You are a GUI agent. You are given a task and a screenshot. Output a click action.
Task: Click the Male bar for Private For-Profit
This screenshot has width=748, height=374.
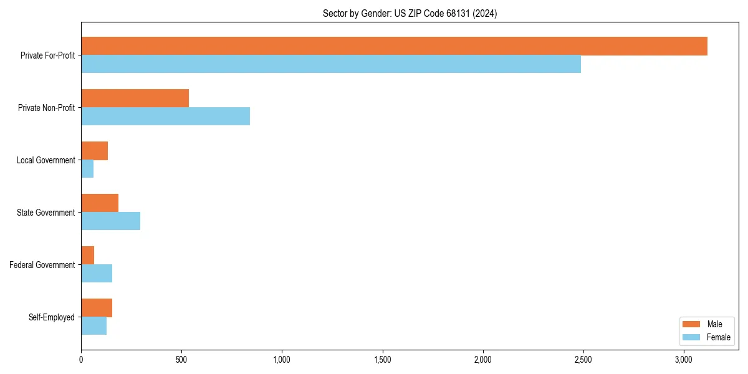click(x=394, y=46)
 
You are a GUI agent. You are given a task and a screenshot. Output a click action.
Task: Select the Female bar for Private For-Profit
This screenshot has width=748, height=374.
click(x=331, y=64)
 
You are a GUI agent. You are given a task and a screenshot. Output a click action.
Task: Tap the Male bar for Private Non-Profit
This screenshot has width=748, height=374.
click(x=135, y=98)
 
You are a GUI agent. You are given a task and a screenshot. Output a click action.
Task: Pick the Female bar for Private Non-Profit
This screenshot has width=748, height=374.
click(x=165, y=117)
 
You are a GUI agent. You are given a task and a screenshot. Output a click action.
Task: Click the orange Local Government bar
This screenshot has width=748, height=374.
click(x=94, y=151)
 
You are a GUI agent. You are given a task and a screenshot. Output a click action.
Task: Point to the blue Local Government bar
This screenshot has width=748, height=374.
click(x=87, y=169)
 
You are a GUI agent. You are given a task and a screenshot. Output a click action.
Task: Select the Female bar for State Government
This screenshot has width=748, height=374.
click(x=110, y=221)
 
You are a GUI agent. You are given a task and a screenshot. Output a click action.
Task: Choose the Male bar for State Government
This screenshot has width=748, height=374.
click(x=100, y=203)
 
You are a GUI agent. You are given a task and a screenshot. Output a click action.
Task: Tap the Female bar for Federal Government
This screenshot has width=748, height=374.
click(x=97, y=274)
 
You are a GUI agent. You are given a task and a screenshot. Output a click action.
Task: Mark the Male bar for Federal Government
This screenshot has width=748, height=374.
click(x=87, y=256)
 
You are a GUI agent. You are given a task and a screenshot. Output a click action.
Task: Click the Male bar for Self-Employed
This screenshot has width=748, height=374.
click(x=97, y=308)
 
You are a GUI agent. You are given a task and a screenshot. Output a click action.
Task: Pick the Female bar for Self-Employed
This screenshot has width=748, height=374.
click(x=93, y=326)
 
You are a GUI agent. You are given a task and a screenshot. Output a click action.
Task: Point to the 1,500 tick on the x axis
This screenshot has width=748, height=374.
click(x=382, y=360)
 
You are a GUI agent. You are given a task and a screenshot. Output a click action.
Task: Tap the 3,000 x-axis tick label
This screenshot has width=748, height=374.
click(x=684, y=360)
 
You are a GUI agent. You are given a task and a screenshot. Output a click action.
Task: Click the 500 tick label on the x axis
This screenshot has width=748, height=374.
click(x=181, y=360)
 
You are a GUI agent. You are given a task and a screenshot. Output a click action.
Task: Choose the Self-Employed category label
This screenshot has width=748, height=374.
click(x=52, y=317)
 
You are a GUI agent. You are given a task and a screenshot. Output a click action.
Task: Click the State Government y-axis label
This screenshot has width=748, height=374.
click(x=46, y=213)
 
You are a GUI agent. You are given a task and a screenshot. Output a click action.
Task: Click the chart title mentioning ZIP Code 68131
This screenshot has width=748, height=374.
click(x=410, y=13)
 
